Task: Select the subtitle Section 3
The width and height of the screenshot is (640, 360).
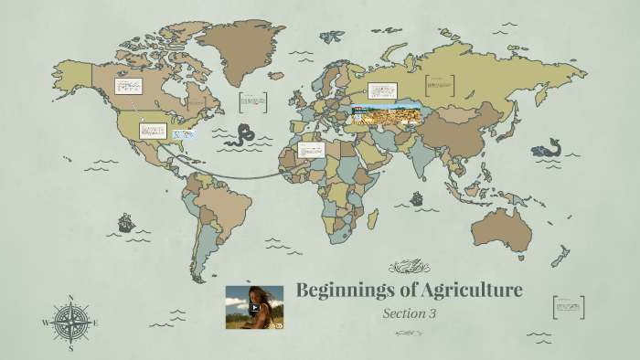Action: [x=410, y=313]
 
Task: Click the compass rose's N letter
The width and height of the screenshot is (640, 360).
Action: [x=70, y=298]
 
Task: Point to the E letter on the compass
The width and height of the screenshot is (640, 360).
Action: [x=96, y=323]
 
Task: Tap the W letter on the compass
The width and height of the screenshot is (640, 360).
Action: [x=45, y=323]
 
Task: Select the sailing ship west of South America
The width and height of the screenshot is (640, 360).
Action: [x=126, y=222]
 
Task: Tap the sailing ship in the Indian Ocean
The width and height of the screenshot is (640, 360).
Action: [x=417, y=197]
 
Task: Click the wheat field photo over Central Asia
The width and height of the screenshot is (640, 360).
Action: [x=386, y=115]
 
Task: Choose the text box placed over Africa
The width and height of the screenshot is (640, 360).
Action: [x=311, y=149]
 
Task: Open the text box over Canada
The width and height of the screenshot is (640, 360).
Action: [x=128, y=87]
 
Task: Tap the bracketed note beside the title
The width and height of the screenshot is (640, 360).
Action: [x=568, y=307]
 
